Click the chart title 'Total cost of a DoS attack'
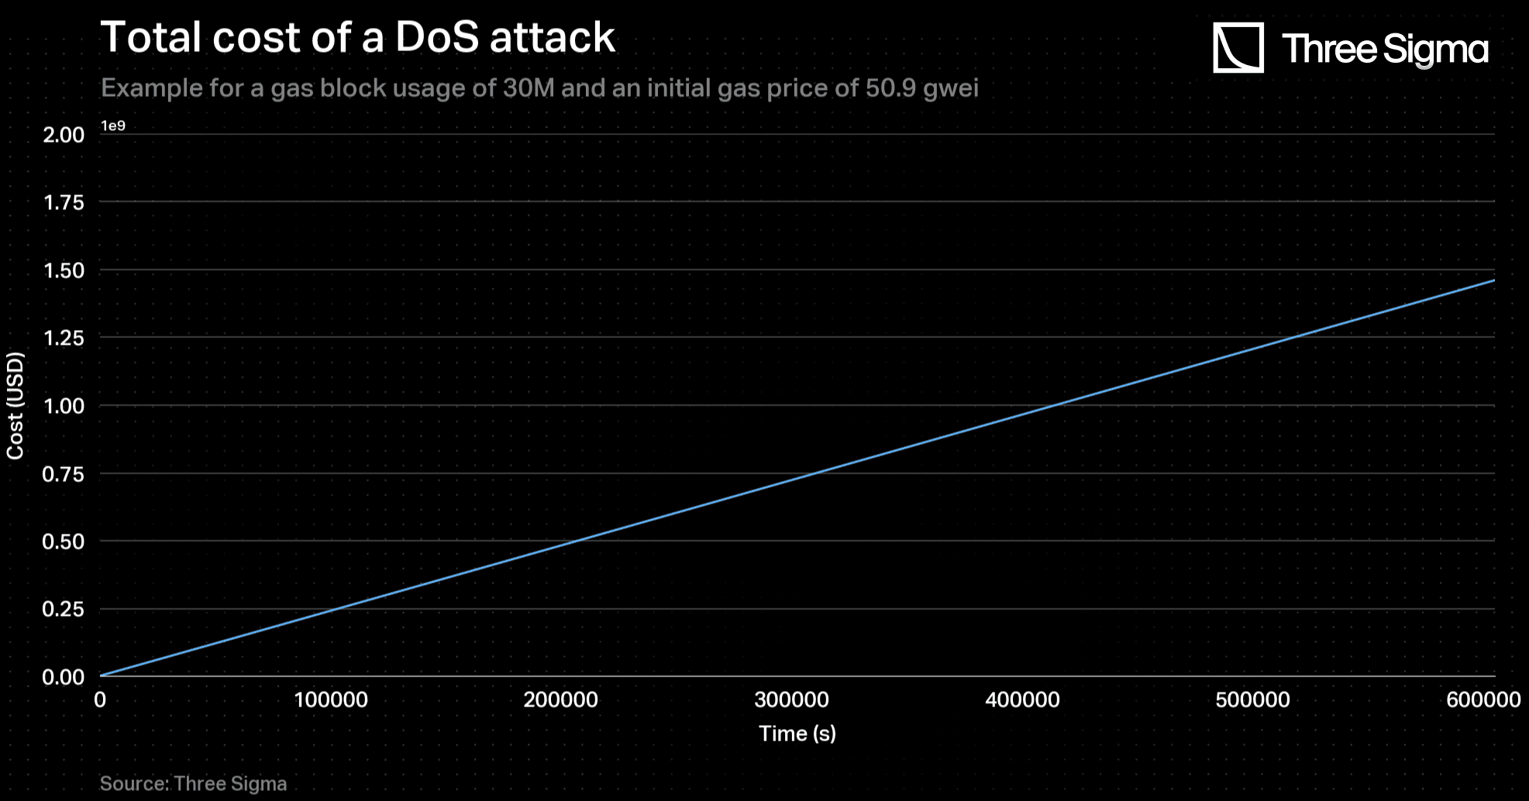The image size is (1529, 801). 357,37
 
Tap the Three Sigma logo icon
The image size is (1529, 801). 1238,48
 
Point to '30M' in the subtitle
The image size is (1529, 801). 529,88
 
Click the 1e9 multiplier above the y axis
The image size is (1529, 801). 113,125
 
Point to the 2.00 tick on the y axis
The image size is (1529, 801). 64,135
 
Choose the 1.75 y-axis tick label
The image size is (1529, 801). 64,202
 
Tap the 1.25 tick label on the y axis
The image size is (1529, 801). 64,338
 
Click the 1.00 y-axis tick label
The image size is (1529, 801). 64,406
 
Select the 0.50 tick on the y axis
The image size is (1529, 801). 64,541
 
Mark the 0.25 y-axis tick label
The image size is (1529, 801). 64,609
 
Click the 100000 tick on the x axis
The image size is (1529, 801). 331,700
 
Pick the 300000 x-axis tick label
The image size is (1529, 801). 791,700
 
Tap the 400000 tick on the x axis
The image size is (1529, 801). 1022,700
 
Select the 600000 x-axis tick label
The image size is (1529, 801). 1483,700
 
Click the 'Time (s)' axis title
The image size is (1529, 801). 797,734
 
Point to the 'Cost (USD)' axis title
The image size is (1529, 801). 15,406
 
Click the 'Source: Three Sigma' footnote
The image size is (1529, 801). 193,784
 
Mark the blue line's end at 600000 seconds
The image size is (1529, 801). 1493,280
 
